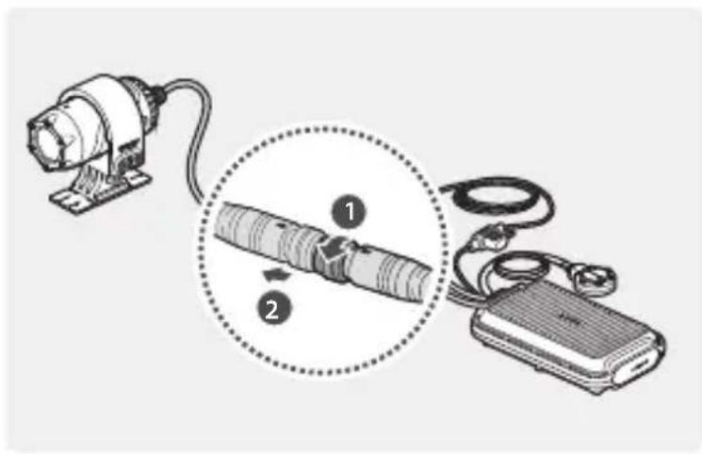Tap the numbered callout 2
click(x=271, y=309)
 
